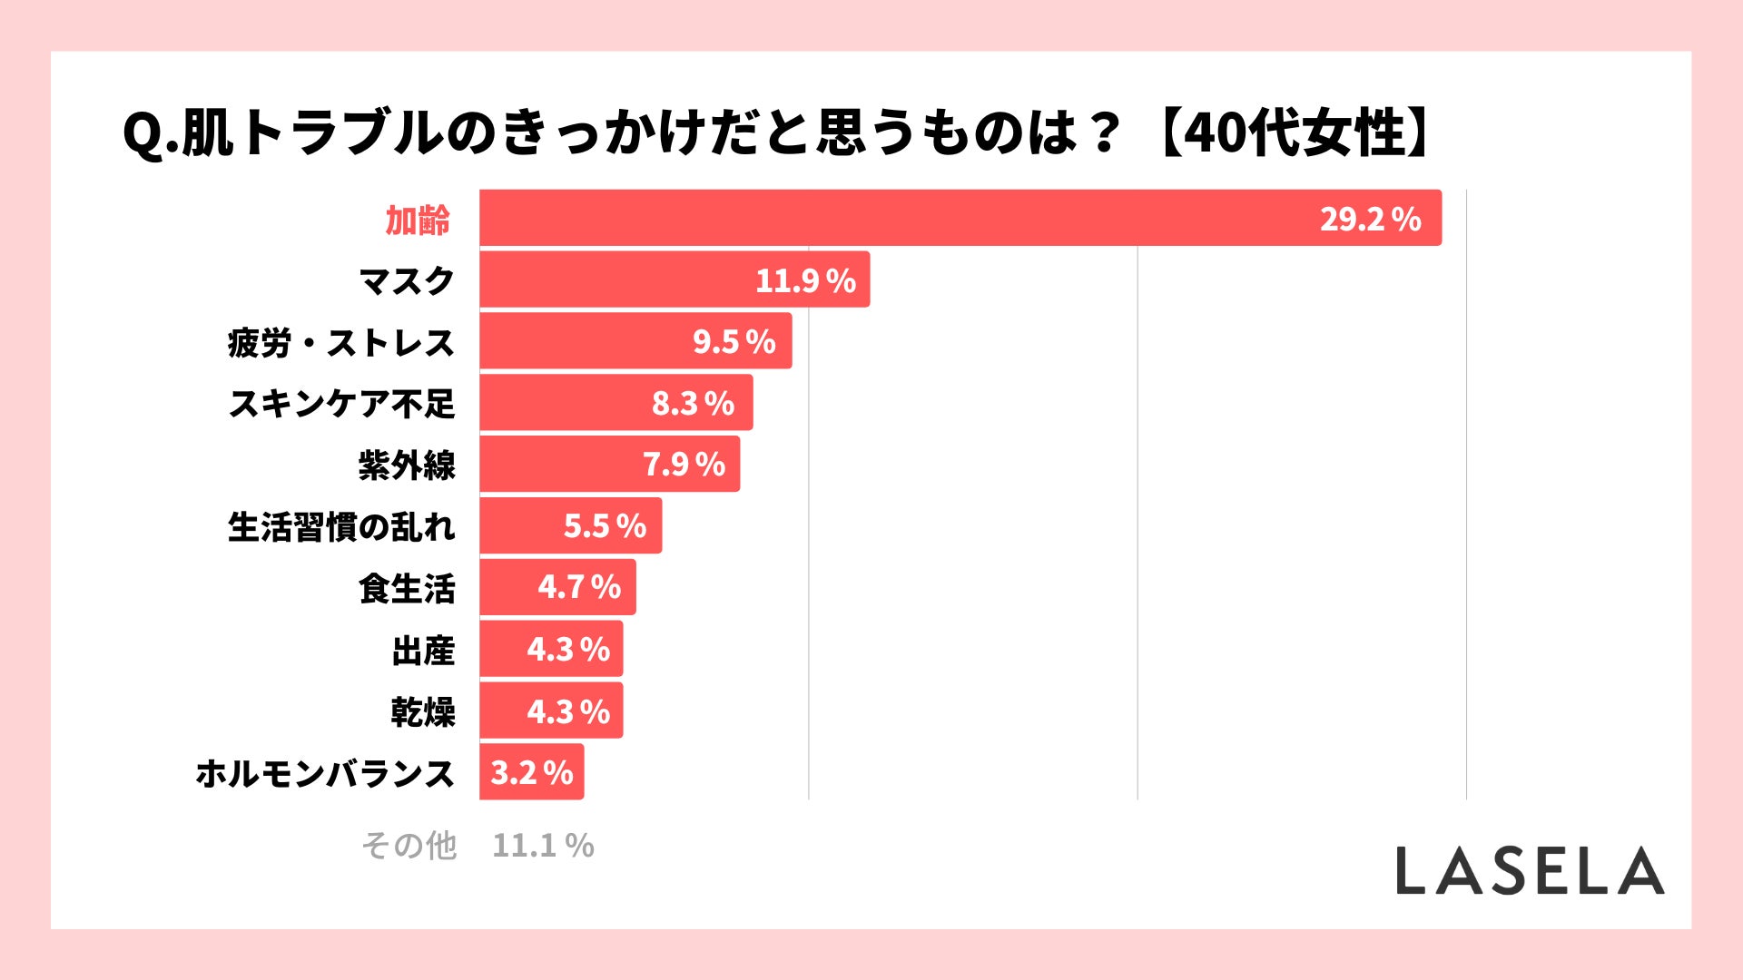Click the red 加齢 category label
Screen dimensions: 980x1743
(x=418, y=220)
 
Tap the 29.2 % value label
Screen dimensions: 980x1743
(x=1370, y=219)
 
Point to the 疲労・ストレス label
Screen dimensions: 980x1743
(x=340, y=343)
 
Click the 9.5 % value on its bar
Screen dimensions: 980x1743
(x=734, y=342)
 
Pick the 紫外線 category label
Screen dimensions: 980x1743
(x=406, y=465)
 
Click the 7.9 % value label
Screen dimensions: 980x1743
(x=684, y=465)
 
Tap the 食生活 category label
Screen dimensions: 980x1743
(x=406, y=588)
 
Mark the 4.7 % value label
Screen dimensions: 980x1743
(x=579, y=587)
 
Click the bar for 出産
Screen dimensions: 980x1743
(x=504, y=649)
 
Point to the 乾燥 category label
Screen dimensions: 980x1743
(x=422, y=712)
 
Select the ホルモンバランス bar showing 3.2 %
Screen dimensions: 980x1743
(x=531, y=772)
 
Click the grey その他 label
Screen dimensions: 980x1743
(x=409, y=846)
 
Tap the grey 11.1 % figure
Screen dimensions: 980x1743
(x=543, y=846)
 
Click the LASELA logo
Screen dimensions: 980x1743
(x=1530, y=870)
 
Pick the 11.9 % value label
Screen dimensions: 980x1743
(x=805, y=280)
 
